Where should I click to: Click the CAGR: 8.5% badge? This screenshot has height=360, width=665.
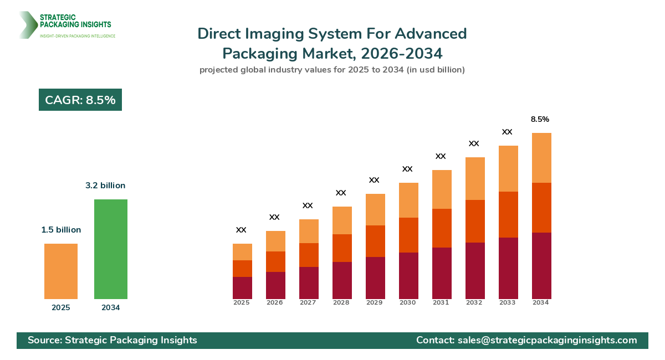(x=80, y=100)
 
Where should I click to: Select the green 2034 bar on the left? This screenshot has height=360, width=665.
(x=111, y=249)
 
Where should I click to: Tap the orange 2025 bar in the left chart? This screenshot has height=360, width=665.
(x=61, y=271)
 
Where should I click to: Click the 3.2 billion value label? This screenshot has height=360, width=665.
(x=105, y=186)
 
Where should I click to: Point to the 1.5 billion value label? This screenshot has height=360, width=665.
(x=61, y=230)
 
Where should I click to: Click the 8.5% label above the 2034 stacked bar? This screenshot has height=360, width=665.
(x=540, y=119)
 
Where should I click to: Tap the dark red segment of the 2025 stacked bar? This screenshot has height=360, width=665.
(x=242, y=288)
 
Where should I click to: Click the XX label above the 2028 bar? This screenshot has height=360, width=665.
(x=341, y=193)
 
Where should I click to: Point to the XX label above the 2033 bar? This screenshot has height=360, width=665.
(x=507, y=132)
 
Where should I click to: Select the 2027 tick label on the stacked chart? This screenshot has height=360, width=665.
(x=308, y=303)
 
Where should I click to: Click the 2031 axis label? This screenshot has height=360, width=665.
(x=441, y=303)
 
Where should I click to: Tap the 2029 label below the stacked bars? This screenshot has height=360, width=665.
(x=374, y=303)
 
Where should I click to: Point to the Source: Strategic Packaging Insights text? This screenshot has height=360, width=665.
(x=112, y=340)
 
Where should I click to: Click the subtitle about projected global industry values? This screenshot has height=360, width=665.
(x=332, y=70)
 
